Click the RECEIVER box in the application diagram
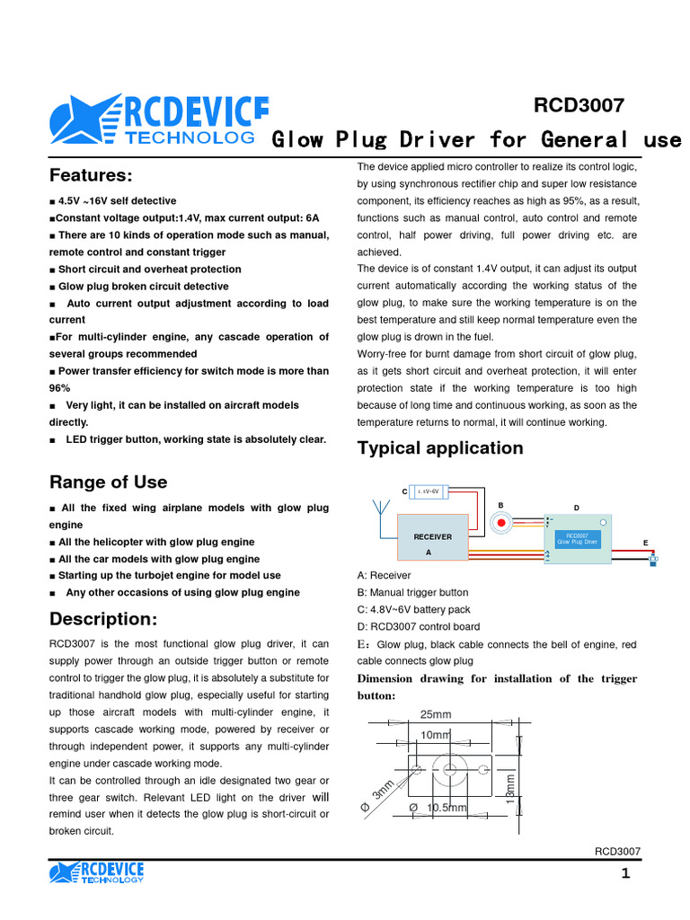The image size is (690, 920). pos(432,537)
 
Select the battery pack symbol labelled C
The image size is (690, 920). pos(429,491)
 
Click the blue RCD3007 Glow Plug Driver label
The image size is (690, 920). pos(576,538)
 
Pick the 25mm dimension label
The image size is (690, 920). pos(436,714)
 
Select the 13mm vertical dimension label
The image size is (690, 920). pos(510,789)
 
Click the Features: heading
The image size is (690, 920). pos(91,174)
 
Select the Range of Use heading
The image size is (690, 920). pos(108,482)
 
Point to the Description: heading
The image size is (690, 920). pos(103,619)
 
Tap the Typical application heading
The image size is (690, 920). pos(440,447)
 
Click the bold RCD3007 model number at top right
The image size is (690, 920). pos(579,105)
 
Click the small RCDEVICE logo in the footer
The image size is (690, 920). pos(97,872)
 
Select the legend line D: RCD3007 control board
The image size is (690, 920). pos(418,627)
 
